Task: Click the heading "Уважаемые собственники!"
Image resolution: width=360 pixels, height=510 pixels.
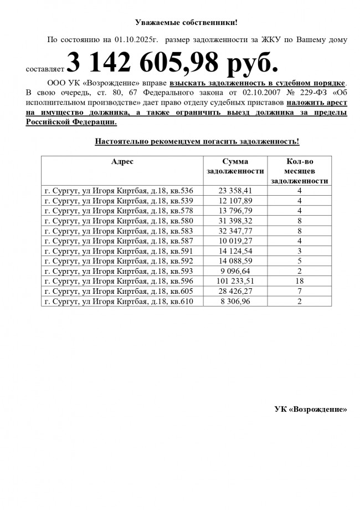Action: [x=186, y=22]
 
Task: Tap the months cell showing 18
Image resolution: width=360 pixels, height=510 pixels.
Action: [x=300, y=281]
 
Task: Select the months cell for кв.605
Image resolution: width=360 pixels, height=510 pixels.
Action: [x=300, y=291]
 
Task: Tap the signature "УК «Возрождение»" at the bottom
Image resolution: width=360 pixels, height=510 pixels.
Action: [x=311, y=409]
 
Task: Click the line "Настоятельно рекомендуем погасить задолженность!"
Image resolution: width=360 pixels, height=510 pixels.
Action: [x=197, y=141]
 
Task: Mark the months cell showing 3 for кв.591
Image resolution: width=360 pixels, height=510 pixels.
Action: [x=300, y=251]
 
